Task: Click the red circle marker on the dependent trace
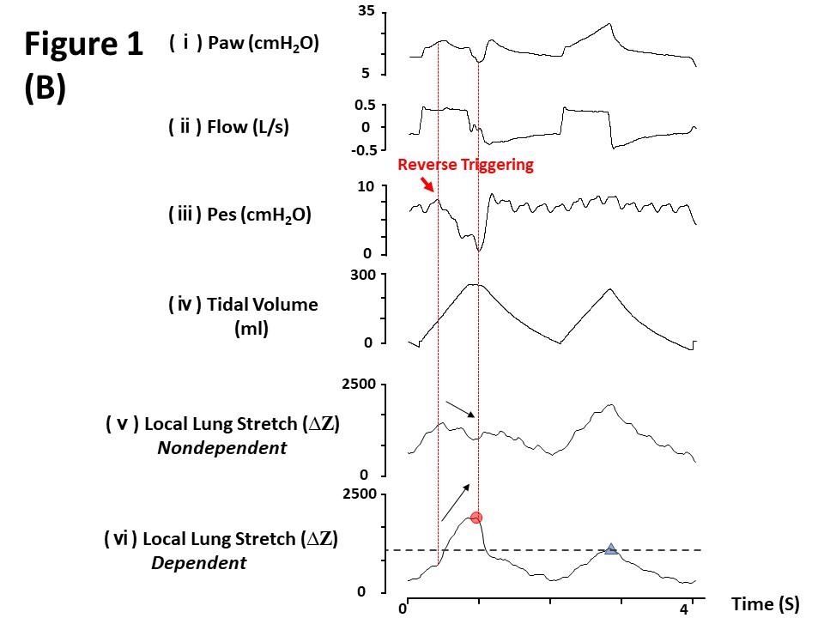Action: point(476,518)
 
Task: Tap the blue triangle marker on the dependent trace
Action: point(610,549)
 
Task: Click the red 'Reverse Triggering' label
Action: point(466,165)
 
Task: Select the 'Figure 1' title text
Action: point(84,45)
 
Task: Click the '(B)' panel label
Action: point(45,88)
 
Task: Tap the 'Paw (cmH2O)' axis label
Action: point(257,43)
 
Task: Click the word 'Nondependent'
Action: point(221,447)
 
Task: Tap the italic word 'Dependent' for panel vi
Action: point(198,563)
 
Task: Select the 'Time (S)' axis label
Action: point(765,604)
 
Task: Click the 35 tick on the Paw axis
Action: point(366,11)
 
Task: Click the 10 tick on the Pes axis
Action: point(366,187)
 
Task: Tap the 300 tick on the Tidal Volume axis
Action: point(362,275)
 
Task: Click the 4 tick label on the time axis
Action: point(684,610)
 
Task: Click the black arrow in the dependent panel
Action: point(456,502)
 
